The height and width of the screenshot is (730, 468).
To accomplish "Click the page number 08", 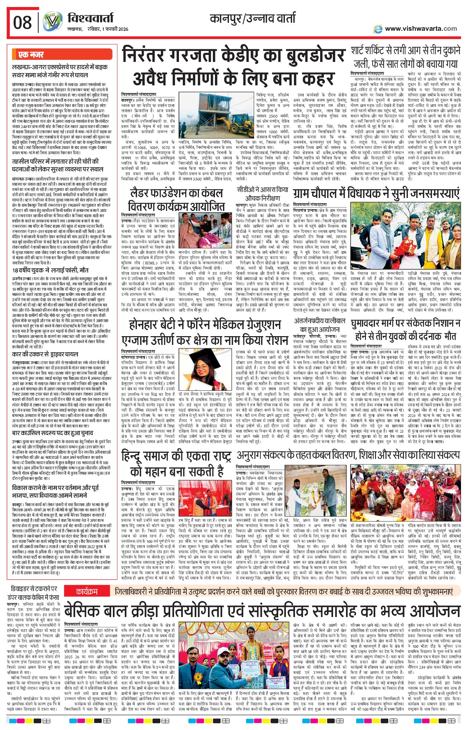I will point(22,23).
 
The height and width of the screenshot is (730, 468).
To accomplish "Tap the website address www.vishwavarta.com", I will point(421,29).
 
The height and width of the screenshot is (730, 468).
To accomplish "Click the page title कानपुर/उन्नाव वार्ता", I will point(252,18).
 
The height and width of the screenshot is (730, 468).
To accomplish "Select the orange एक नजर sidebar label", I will point(31,55).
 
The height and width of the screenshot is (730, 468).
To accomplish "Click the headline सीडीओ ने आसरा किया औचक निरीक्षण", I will point(262,193).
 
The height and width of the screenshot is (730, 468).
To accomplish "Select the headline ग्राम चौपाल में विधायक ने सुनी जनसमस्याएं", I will point(376,193).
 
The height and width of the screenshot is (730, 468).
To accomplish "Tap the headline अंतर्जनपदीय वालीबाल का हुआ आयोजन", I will point(319,325).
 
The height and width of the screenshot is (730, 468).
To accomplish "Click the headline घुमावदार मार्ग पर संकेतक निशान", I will point(405,330).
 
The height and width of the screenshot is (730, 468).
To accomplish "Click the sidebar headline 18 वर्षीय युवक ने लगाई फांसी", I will point(50,270).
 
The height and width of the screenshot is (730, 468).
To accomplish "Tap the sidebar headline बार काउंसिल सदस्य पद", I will point(52,433).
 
